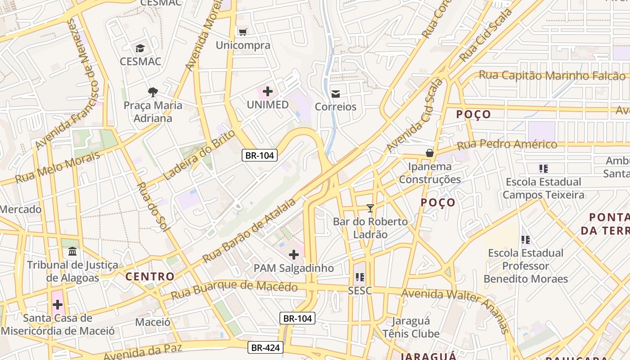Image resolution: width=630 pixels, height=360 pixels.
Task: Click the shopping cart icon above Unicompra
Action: click(243, 32)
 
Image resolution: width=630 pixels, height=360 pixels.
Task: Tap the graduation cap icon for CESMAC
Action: click(140, 48)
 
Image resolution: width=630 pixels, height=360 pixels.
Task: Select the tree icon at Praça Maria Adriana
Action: click(153, 92)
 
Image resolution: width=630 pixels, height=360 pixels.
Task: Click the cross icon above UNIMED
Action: click(268, 92)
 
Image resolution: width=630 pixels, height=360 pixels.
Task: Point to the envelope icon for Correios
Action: click(336, 94)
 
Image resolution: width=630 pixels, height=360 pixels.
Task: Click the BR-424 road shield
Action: click(265, 347)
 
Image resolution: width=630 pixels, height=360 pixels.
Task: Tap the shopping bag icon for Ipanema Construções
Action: click(430, 153)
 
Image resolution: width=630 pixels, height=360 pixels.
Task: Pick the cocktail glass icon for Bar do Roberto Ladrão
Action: click(370, 208)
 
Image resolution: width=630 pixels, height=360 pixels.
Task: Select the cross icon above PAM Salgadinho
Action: click(294, 255)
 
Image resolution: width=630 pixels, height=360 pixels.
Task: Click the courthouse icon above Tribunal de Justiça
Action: click(72, 251)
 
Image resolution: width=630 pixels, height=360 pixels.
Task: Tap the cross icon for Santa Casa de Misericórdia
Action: click(58, 305)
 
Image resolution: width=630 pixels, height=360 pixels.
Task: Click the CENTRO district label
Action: click(150, 276)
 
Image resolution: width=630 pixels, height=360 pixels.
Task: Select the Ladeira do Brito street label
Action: click(199, 154)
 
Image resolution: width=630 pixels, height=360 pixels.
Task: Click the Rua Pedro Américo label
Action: click(507, 145)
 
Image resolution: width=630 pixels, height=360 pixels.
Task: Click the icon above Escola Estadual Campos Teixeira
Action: click(543, 169)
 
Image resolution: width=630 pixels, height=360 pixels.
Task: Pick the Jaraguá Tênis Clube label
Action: click(411, 328)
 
